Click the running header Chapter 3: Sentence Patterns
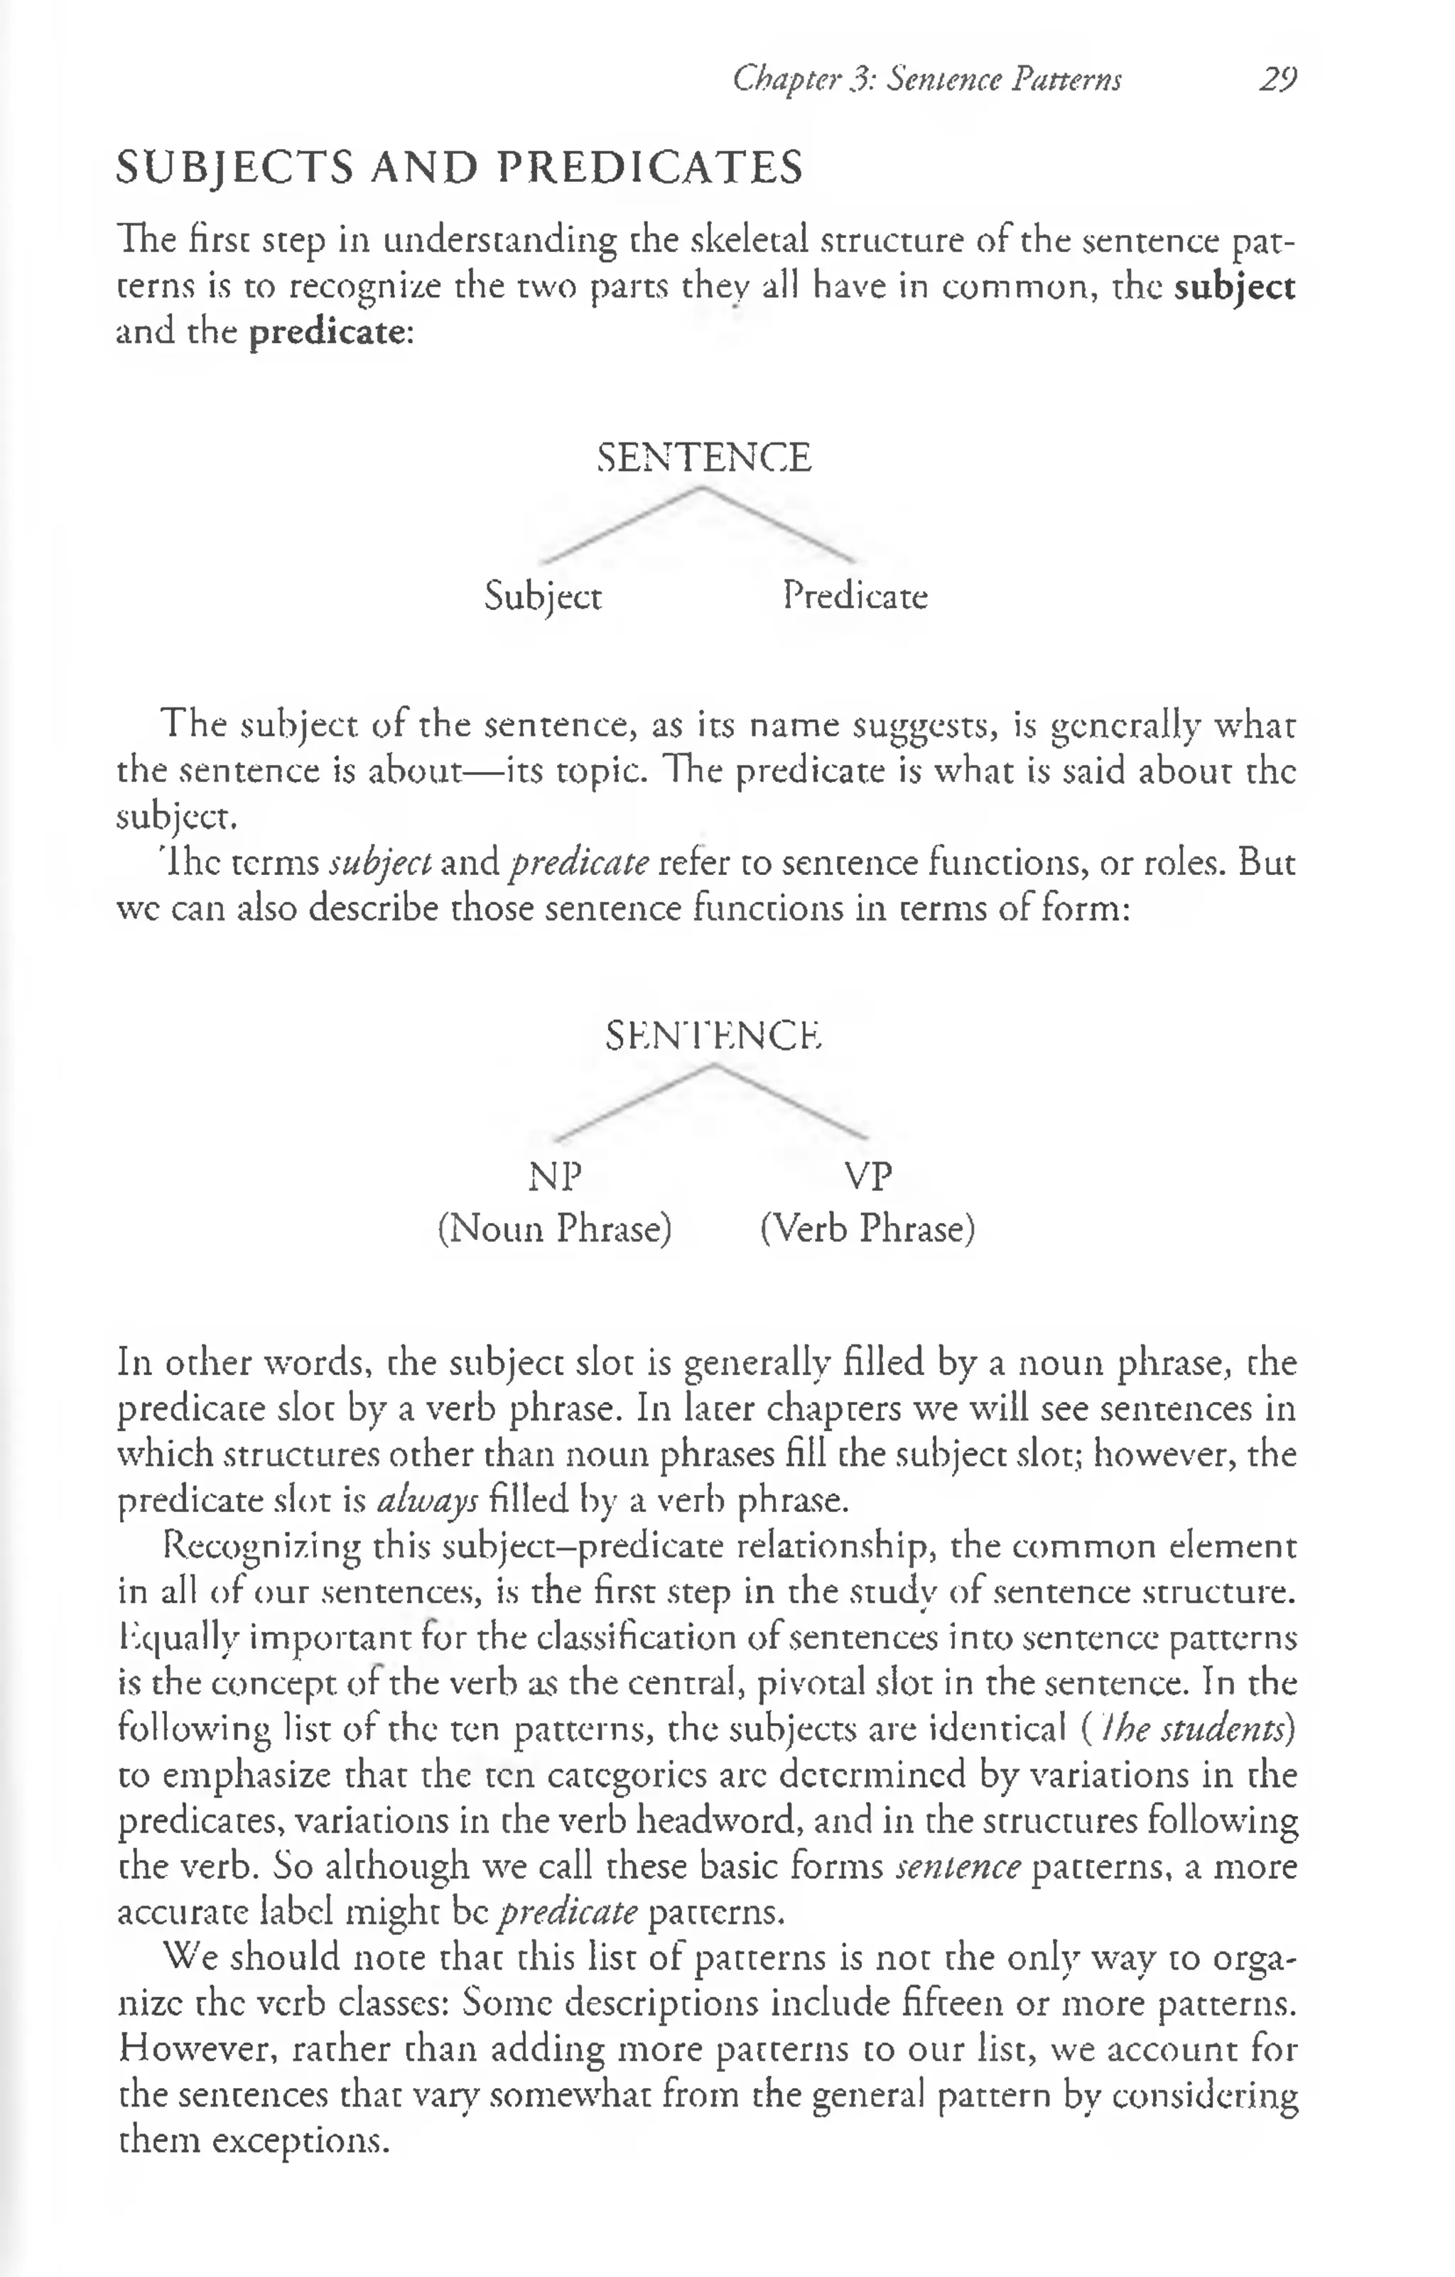coord(926,79)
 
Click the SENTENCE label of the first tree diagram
coord(704,457)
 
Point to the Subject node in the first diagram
coord(542,597)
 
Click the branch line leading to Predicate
coord(781,526)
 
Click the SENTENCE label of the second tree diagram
coord(713,1036)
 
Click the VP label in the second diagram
coord(867,1176)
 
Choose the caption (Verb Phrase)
coord(867,1228)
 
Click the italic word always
coord(428,1501)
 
